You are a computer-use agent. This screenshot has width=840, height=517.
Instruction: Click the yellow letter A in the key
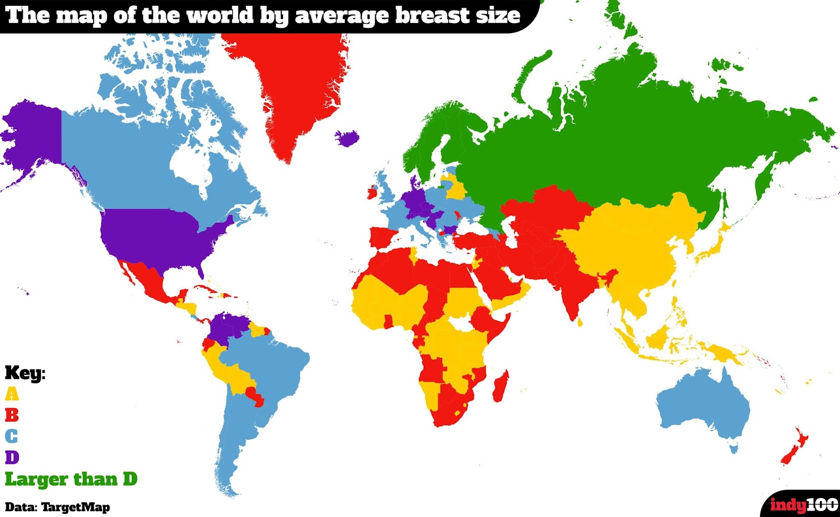point(12,394)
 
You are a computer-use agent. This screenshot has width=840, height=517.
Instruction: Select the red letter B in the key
point(12,415)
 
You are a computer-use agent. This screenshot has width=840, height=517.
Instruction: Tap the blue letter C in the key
point(12,436)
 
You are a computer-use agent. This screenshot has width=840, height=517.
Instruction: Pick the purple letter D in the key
point(12,457)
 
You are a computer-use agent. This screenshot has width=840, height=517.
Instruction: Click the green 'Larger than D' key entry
point(71,479)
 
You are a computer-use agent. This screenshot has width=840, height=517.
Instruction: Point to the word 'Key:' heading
point(25,373)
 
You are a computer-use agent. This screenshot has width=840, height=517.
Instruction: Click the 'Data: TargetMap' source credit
point(57,507)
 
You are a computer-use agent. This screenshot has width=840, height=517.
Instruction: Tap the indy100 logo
point(803,505)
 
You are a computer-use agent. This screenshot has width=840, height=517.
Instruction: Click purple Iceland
point(347,138)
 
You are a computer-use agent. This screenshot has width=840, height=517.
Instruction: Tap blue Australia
point(703,405)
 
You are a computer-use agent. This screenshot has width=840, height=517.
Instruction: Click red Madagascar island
point(500,386)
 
